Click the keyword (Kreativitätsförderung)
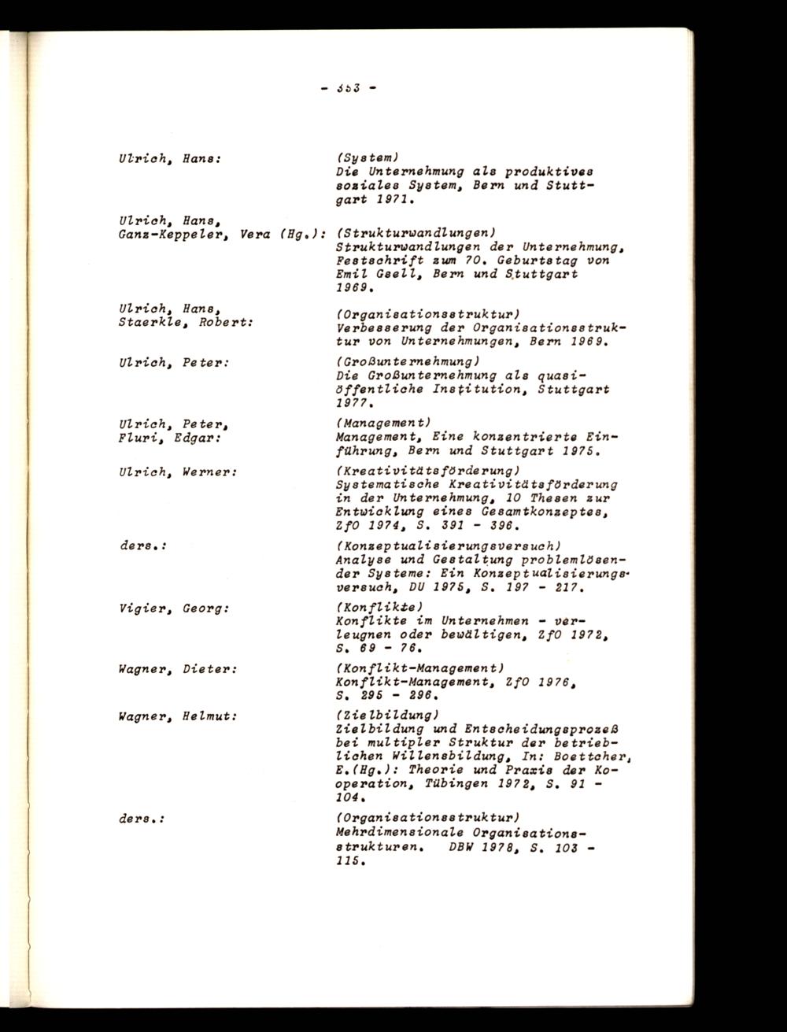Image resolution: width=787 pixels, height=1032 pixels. (x=422, y=471)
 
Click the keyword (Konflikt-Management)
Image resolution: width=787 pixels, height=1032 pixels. (x=414, y=668)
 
